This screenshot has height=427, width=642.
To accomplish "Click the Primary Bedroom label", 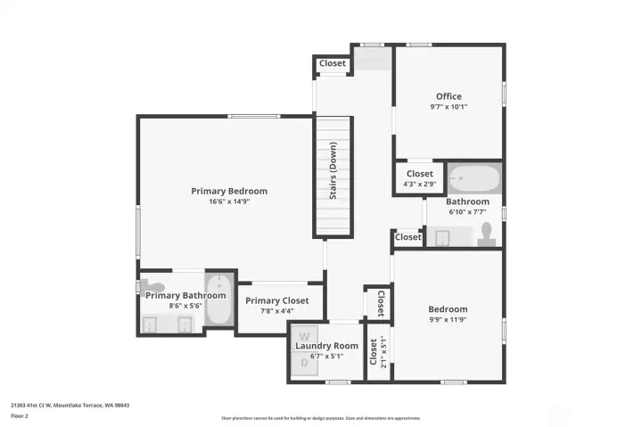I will coord(229,191).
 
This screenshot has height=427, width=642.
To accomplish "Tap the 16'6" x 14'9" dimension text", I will coord(229,201).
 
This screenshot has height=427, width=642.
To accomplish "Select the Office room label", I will coord(449,96).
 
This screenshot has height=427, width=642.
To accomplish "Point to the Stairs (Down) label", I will coord(333,170).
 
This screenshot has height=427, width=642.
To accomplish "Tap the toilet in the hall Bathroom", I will coord(486,234).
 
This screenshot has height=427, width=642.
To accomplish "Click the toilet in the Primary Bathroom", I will coord(148,286).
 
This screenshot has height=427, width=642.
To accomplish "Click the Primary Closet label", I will coord(277,300).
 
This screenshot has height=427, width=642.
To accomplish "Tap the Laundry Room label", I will coord(327,346).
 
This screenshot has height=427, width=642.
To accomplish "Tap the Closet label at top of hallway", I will coord(332,63).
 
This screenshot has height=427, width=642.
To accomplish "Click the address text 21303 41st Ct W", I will coord(70,404).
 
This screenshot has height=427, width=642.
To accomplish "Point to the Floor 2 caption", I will coord(20,415).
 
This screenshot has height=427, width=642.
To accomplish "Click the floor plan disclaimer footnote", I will coord(320,417).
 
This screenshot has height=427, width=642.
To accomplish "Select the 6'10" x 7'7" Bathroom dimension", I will coord(467,212).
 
